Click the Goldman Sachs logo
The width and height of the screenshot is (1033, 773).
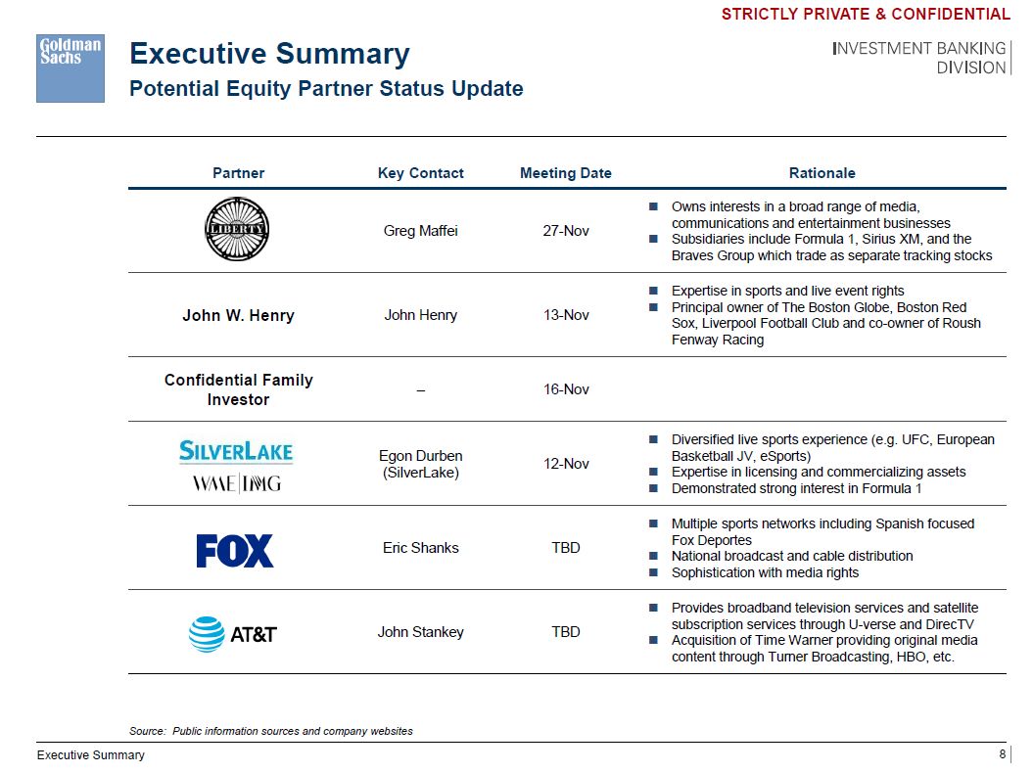(x=70, y=68)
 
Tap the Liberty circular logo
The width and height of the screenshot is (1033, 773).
(x=236, y=230)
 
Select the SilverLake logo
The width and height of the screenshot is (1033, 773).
(x=236, y=451)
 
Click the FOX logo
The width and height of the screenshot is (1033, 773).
(x=235, y=550)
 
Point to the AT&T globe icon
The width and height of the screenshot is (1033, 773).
(x=207, y=634)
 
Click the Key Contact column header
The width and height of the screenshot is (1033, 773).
(x=420, y=173)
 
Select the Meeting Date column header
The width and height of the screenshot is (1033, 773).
(x=565, y=173)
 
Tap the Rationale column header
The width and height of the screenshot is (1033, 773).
(x=822, y=173)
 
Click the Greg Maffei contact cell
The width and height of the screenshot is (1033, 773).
(x=420, y=232)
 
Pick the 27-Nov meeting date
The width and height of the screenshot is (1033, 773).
(x=565, y=232)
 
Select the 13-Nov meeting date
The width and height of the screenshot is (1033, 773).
(x=565, y=315)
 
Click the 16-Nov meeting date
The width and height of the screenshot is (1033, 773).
(x=565, y=389)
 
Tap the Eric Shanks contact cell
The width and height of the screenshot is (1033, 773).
(x=420, y=548)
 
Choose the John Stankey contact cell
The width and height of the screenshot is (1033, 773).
(x=420, y=632)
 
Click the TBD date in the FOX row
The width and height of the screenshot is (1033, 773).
(x=565, y=548)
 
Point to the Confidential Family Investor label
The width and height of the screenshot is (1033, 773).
(x=238, y=389)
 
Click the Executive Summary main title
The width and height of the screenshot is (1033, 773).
(x=269, y=54)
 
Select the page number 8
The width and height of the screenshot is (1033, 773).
(x=1002, y=753)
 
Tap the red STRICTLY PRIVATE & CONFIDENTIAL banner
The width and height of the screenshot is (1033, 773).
(x=866, y=14)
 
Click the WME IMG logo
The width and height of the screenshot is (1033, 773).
(x=236, y=483)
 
